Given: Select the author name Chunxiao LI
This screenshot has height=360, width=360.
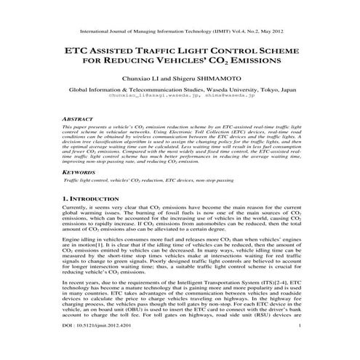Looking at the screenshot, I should point(148,82).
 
